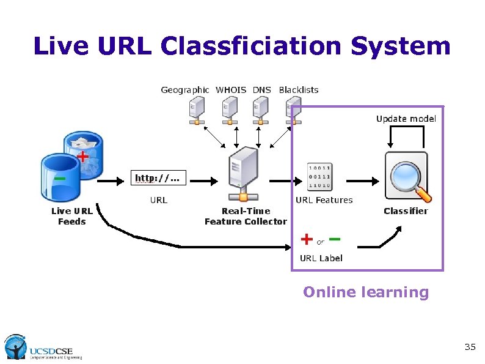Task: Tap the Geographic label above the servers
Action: (x=184, y=90)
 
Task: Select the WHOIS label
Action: (x=231, y=90)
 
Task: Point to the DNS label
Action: (x=262, y=90)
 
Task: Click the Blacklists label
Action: (x=299, y=90)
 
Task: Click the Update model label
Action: (x=406, y=119)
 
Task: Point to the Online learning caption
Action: (x=366, y=292)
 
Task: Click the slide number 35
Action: (x=470, y=347)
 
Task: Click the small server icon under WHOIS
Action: (x=228, y=111)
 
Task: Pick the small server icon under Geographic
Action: (x=197, y=111)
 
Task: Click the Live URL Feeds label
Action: (x=72, y=216)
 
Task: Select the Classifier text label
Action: (x=406, y=211)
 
